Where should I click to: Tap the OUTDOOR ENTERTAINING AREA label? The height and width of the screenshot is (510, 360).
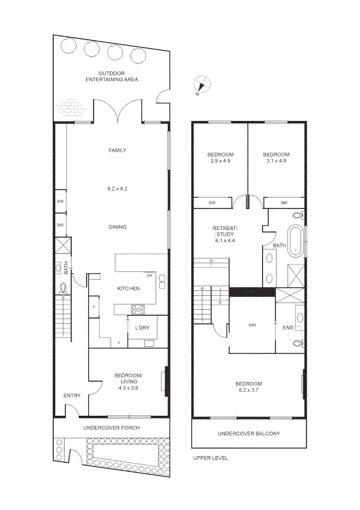111,76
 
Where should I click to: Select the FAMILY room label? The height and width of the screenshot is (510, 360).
117,151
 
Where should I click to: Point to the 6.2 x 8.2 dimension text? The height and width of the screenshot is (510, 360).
117,188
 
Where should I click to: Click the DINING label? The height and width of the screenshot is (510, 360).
117,227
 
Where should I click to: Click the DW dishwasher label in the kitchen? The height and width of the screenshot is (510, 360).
149,275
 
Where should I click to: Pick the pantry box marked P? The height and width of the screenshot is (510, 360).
94,307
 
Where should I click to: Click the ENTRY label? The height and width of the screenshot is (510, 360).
72,396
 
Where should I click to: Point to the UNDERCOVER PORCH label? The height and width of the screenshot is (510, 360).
111,428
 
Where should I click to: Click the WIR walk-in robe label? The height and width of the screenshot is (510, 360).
251,325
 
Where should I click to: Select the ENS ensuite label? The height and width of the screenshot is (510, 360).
287,327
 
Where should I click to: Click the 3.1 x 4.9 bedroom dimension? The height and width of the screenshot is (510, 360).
276,161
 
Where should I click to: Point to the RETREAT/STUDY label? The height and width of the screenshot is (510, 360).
225,231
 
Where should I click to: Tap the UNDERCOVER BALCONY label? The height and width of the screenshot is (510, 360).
249,433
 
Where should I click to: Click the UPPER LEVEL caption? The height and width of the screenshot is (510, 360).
210,458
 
